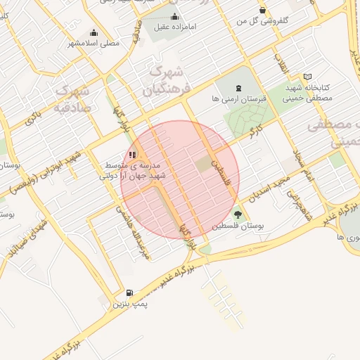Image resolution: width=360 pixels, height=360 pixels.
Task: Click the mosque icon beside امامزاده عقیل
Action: point(175,16)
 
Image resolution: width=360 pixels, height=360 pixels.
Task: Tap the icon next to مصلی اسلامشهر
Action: point(94,32)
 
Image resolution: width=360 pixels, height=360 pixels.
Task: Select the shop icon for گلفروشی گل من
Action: point(262,10)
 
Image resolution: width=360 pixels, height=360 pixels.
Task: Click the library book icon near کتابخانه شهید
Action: point(307,77)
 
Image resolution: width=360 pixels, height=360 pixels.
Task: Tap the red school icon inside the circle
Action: point(133,155)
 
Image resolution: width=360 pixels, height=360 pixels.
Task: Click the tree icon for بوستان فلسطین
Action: point(238,215)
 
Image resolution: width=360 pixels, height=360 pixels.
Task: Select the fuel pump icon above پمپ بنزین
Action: point(129,293)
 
